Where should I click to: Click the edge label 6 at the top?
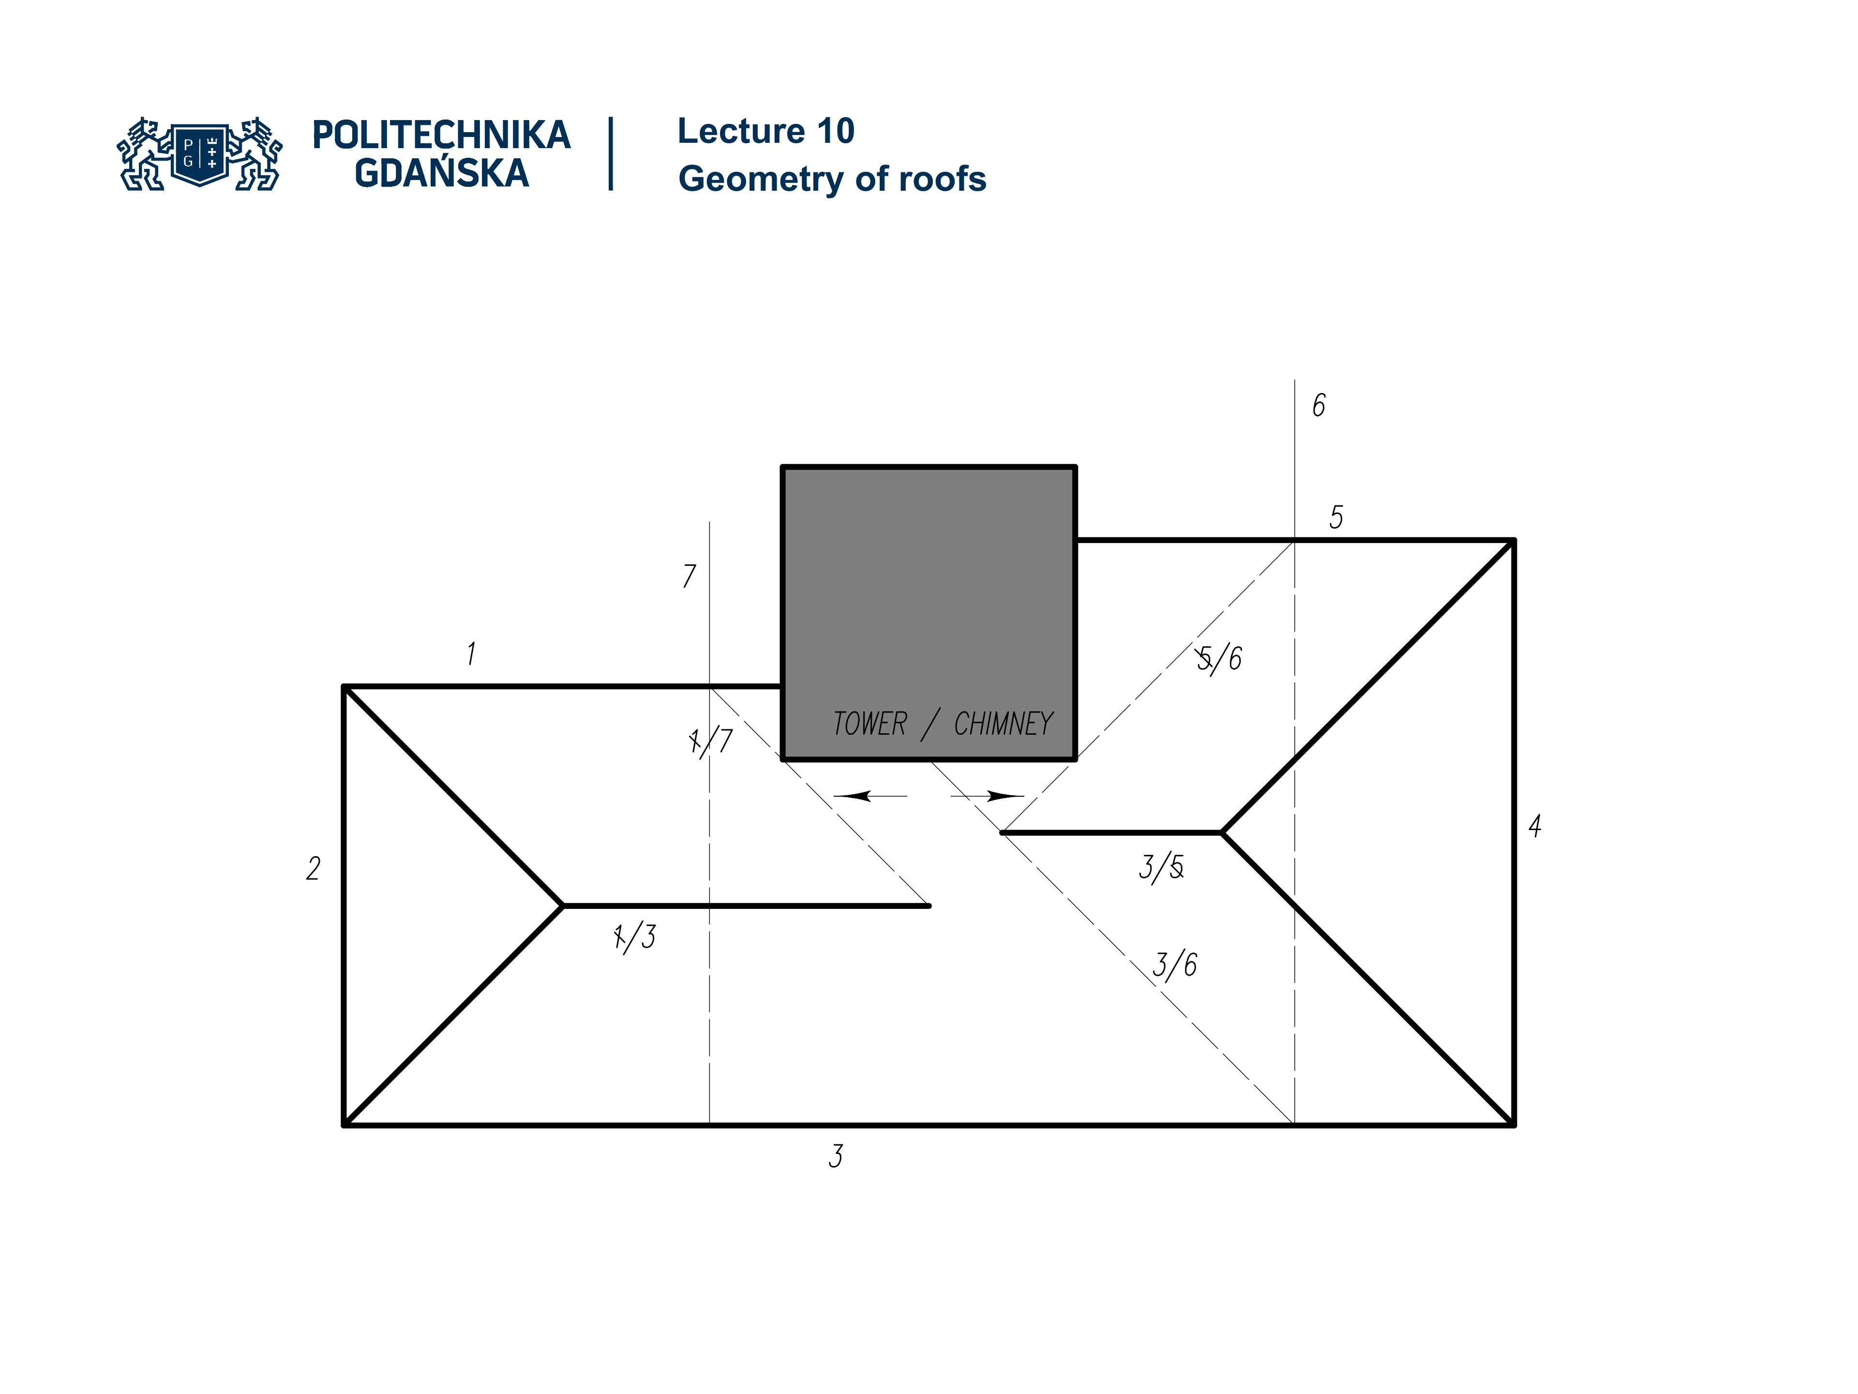(1319, 406)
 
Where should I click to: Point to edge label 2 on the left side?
(314, 868)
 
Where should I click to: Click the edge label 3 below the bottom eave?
(835, 1156)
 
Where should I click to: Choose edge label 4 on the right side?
(1535, 826)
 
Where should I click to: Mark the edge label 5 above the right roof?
(1335, 517)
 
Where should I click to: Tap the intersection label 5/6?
(1220, 659)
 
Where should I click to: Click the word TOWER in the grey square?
(869, 724)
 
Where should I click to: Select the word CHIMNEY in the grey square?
(1003, 724)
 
